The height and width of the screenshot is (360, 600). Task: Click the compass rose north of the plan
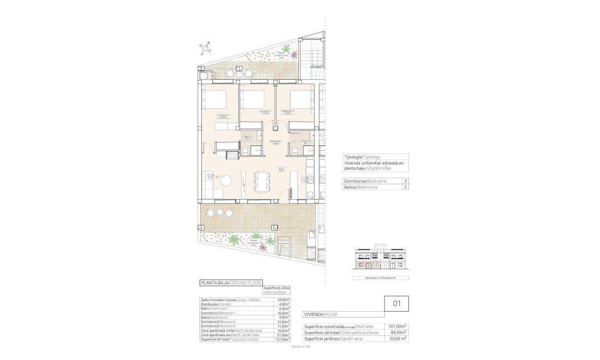[205, 48]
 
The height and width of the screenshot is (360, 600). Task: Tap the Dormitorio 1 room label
[223, 116]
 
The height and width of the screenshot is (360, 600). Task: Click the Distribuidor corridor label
[275, 142]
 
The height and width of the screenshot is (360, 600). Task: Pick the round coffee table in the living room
[227, 181]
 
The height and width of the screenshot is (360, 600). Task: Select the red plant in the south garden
[270, 242]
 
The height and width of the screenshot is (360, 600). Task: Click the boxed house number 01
[396, 304]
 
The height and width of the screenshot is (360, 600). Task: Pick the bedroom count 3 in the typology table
[406, 181]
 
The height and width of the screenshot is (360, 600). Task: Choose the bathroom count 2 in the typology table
[406, 187]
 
